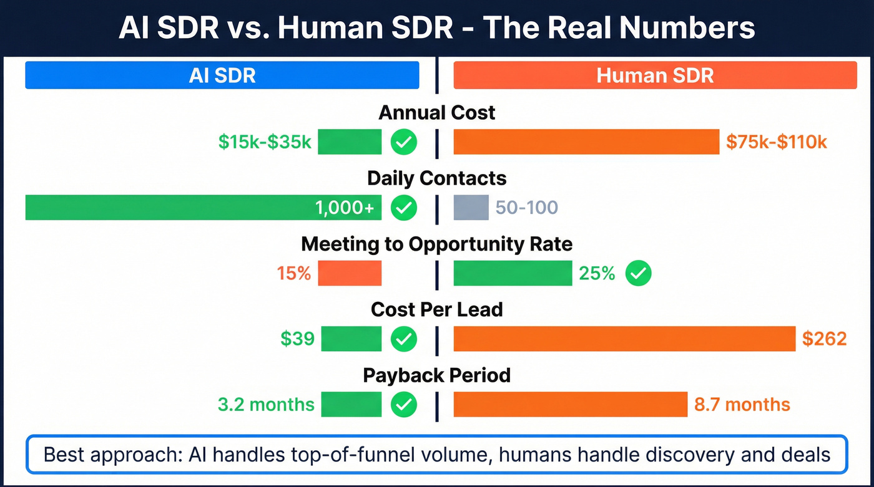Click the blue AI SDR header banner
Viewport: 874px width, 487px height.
[x=222, y=75]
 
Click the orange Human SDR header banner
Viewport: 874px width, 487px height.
[x=655, y=75]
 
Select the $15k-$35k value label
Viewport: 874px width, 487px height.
[x=265, y=142]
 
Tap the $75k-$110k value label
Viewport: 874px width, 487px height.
[x=777, y=142]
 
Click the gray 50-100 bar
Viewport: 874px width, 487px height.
[x=471, y=208]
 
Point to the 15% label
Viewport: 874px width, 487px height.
[x=294, y=273]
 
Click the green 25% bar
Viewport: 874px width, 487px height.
[x=513, y=273]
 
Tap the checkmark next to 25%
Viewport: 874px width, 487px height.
[x=638, y=273]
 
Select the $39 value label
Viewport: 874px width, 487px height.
[x=297, y=339]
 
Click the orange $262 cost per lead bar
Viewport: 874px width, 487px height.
[x=624, y=339]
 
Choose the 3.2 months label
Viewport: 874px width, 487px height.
[x=266, y=404]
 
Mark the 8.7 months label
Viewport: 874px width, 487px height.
[x=742, y=404]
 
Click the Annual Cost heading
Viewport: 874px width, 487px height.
[x=437, y=113]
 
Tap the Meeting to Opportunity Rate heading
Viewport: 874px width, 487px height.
[x=437, y=244]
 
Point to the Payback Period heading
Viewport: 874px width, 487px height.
[x=437, y=375]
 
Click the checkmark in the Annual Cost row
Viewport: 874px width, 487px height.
[x=404, y=142]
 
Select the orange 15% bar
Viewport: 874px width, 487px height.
[x=350, y=273]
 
